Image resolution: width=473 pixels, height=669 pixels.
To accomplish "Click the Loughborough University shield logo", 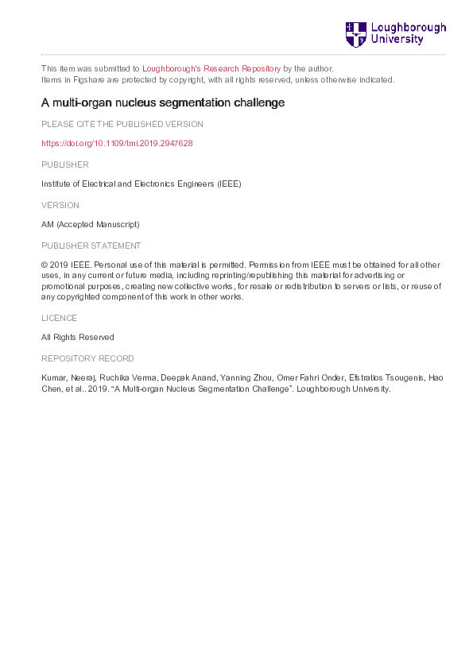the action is click(355, 33).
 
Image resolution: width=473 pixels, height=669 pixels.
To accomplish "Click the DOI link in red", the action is click(117, 144).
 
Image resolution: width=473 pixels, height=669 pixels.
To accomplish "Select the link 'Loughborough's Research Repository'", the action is click(211, 68).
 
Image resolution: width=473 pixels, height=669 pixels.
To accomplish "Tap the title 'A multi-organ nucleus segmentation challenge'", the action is click(163, 102).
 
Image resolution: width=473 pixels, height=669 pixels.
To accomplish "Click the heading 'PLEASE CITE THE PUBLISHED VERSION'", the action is click(122, 124).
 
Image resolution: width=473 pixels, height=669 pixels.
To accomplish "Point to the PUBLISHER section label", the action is click(65, 164).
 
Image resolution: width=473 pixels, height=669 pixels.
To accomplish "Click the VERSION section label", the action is click(60, 205).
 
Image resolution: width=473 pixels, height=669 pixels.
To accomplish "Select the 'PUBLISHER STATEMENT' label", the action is click(91, 246).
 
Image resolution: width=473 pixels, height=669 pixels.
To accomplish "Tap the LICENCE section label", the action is click(60, 317).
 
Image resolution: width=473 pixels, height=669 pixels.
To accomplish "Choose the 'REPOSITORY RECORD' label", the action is click(87, 358).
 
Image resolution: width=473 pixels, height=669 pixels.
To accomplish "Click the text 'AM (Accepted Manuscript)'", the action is click(90, 225).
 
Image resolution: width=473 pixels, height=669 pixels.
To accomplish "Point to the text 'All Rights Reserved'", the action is click(78, 337).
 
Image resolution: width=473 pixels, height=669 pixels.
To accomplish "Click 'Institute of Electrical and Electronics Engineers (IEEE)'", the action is click(141, 184).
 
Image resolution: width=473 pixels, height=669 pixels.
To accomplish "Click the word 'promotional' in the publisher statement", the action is click(63, 286).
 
